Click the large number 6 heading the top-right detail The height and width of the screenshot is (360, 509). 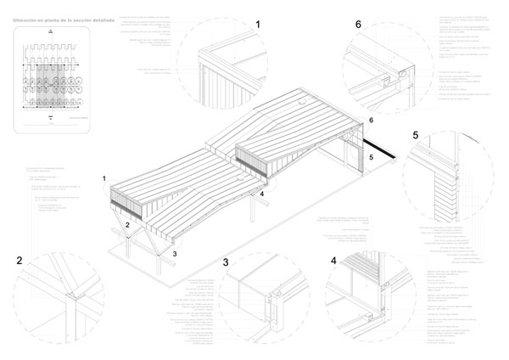(x=359, y=26)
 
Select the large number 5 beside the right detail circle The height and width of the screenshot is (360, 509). (x=415, y=136)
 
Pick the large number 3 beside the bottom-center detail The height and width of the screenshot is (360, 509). (x=226, y=263)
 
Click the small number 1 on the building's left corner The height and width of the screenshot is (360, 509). (x=104, y=178)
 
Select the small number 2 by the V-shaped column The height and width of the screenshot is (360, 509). (x=126, y=224)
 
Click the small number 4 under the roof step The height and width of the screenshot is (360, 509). (x=263, y=194)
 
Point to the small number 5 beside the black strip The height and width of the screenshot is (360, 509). (x=370, y=157)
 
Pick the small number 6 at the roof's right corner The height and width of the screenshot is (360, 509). (x=370, y=121)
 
